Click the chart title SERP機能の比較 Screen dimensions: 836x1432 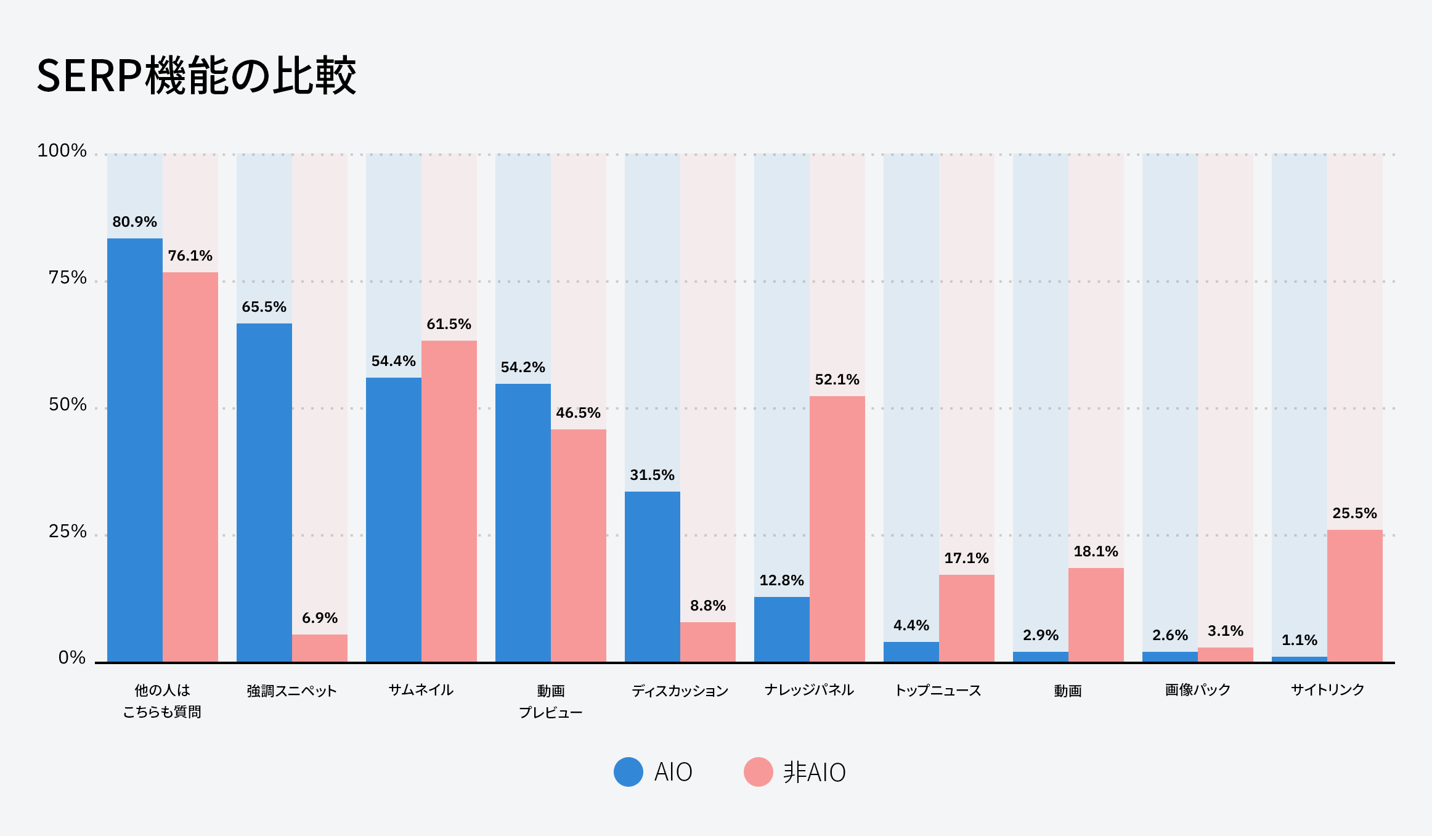196,75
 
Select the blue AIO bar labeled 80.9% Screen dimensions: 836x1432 134,450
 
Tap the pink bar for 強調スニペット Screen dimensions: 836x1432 319,648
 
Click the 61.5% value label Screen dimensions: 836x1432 449,324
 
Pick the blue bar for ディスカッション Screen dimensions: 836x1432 652,576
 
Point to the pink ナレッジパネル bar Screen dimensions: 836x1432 837,529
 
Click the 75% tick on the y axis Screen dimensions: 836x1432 67,278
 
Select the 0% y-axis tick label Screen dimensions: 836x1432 71,658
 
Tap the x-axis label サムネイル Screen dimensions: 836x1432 421,690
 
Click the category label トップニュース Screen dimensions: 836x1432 938,691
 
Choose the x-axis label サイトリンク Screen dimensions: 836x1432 1327,690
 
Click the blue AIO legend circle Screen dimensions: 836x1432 629,772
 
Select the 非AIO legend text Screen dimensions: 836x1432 814,772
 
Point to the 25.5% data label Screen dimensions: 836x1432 1354,513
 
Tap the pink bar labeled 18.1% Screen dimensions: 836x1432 1096,615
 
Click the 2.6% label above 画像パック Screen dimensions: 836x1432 1170,635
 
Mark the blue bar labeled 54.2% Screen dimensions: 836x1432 523,522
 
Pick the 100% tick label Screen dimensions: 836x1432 62,151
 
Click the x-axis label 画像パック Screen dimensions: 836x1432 1197,690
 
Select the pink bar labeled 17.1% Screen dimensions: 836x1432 966,618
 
